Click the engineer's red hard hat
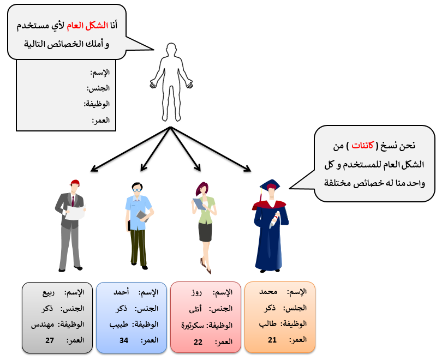click(75, 183)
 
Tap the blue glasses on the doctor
click(137, 190)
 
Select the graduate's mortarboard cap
click(270, 185)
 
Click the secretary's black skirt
click(205, 232)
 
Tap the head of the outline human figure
click(171, 50)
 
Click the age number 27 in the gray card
click(50, 340)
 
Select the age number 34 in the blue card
click(124, 340)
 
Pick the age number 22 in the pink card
click(198, 342)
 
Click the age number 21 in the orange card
click(272, 340)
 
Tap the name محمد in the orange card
click(268, 292)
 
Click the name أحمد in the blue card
click(121, 292)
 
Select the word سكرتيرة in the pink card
click(193, 326)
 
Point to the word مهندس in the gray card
click(43, 325)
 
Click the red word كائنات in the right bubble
click(362, 146)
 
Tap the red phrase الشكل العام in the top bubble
click(88, 26)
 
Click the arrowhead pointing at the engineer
click(94, 169)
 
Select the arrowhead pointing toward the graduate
click(247, 169)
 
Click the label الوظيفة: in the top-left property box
click(97, 104)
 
